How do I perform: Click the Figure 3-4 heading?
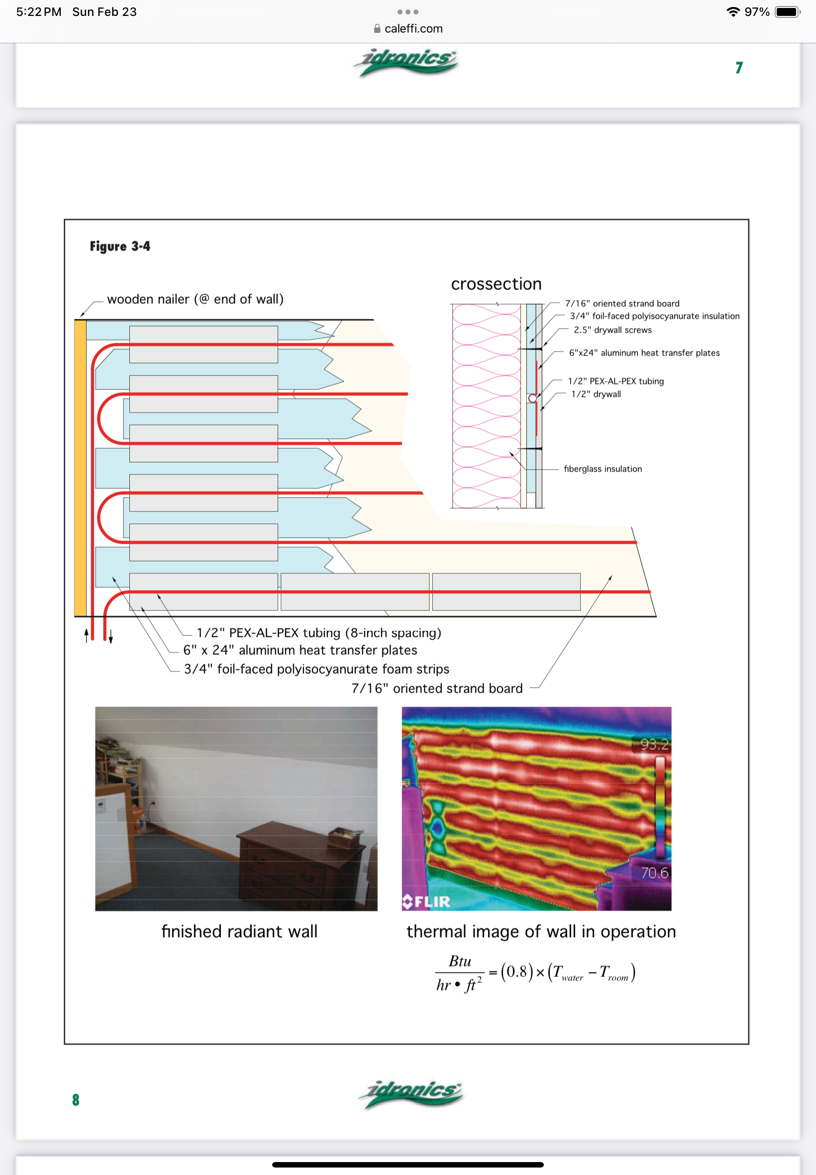(120, 246)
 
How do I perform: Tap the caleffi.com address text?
(413, 29)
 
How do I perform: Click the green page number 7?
(739, 68)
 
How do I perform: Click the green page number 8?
(76, 1100)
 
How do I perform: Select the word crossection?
(496, 284)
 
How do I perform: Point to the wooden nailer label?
(196, 299)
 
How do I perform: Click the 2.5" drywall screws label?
(612, 330)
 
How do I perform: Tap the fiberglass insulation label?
(603, 469)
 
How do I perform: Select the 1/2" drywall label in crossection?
(596, 394)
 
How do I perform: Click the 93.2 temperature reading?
(654, 744)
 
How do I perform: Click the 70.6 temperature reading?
(654, 873)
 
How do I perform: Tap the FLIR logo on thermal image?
(426, 901)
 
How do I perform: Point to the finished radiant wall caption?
(239, 932)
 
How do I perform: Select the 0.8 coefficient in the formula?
(517, 971)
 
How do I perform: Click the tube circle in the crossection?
(532, 398)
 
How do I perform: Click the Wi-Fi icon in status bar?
(733, 12)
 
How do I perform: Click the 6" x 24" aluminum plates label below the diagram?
(300, 650)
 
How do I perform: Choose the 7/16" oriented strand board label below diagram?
(437, 689)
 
